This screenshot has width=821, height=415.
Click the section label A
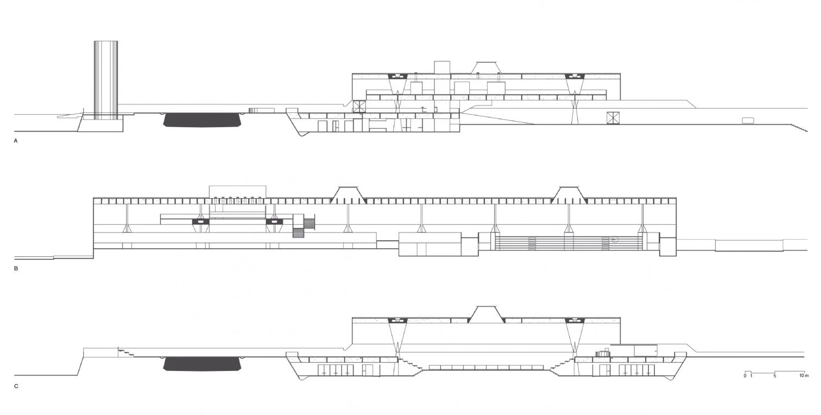coord(16,141)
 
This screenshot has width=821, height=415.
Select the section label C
coord(16,386)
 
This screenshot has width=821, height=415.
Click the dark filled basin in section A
coord(202,120)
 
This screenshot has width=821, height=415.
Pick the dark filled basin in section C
coord(202,363)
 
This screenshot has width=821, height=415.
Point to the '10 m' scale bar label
coord(804,376)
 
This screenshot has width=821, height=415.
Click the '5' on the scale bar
coord(775,376)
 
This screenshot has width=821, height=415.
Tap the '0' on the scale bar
coord(745,376)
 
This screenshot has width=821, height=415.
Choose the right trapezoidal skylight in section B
coord(569,193)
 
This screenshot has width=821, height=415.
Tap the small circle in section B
coord(615,239)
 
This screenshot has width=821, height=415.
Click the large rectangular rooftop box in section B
coord(237,191)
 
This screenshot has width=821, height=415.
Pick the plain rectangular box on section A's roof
coord(441,67)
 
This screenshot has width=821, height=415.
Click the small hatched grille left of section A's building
coord(252,110)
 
